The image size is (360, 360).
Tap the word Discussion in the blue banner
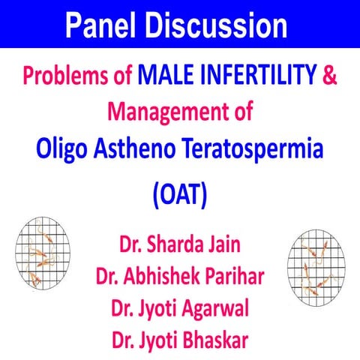(x=217, y=25)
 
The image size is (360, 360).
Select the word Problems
(x=63, y=75)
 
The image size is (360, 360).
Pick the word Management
(x=165, y=112)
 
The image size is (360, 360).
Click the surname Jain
(x=223, y=245)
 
